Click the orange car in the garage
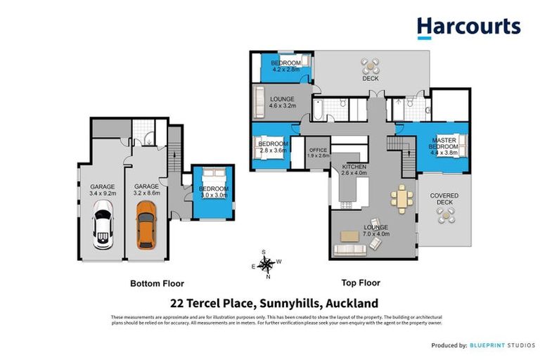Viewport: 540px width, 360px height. [x=146, y=224]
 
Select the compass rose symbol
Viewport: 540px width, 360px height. [x=266, y=264]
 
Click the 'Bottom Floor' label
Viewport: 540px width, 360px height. [x=157, y=284]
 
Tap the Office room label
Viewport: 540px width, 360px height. [x=318, y=152]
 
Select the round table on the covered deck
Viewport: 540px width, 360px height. [x=445, y=215]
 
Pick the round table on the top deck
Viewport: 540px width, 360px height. [x=370, y=67]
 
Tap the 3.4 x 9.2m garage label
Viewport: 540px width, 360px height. [x=102, y=190]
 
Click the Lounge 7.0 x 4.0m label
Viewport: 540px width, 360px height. [x=376, y=231]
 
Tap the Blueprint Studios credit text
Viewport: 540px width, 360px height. [x=500, y=345]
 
